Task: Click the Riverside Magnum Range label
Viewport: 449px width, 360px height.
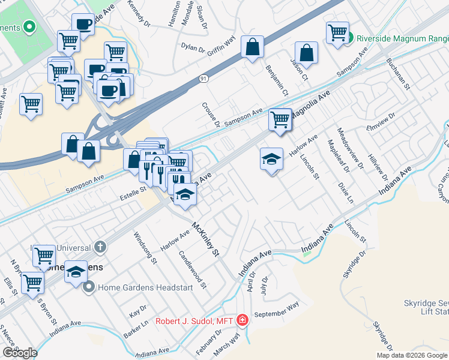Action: click(399, 38)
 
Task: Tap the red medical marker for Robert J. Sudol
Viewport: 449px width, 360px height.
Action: click(242, 320)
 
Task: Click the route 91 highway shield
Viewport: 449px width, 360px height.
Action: click(205, 78)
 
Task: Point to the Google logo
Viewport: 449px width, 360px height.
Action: click(20, 353)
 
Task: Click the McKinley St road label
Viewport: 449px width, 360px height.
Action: click(205, 239)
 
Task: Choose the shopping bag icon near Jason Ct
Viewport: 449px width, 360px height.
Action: click(306, 52)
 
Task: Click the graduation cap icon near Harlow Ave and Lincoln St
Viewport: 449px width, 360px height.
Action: click(271, 160)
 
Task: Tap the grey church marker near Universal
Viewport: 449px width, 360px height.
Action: click(100, 247)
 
